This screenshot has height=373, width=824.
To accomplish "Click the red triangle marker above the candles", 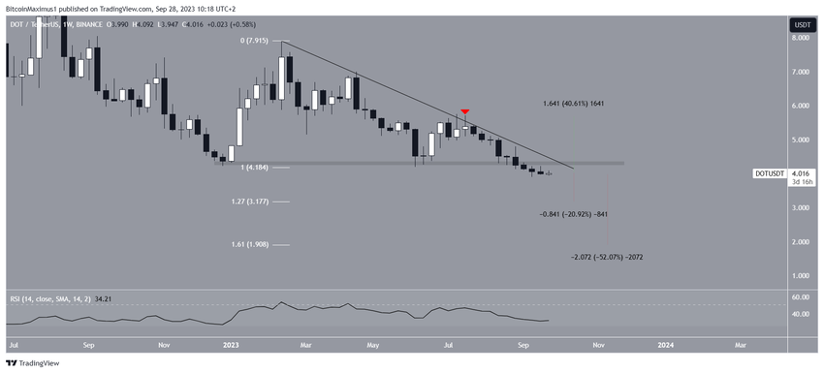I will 466,113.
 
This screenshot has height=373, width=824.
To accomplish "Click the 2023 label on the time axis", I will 230,344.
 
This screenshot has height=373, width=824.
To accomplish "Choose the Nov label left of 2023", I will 164,344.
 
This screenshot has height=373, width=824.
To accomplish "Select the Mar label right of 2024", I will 741,344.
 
